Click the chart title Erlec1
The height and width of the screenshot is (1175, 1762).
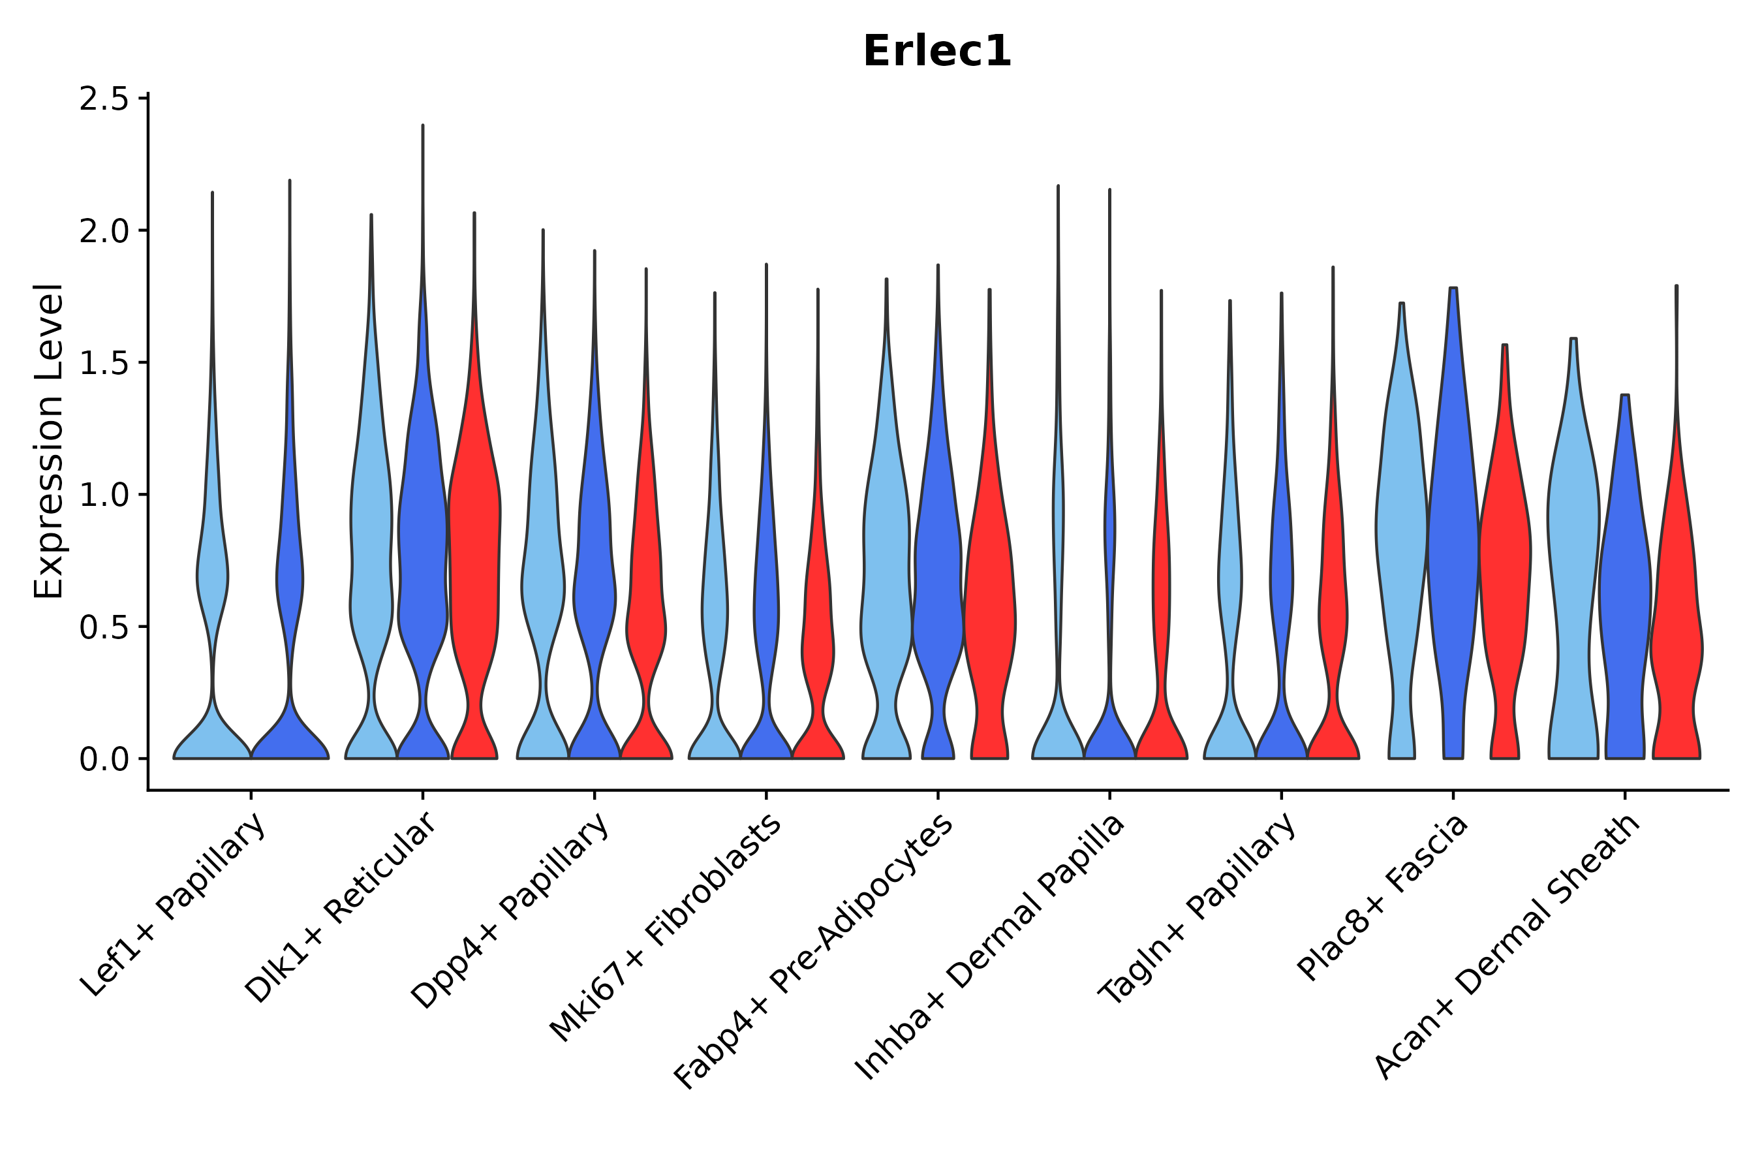pos(936,52)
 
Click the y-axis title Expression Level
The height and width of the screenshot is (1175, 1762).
pos(49,441)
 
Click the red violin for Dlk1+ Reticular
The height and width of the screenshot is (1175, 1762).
pos(474,562)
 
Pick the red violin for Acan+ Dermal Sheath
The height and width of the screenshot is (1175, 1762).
pos(1677,599)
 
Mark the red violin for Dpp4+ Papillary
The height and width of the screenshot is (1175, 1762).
pos(646,599)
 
